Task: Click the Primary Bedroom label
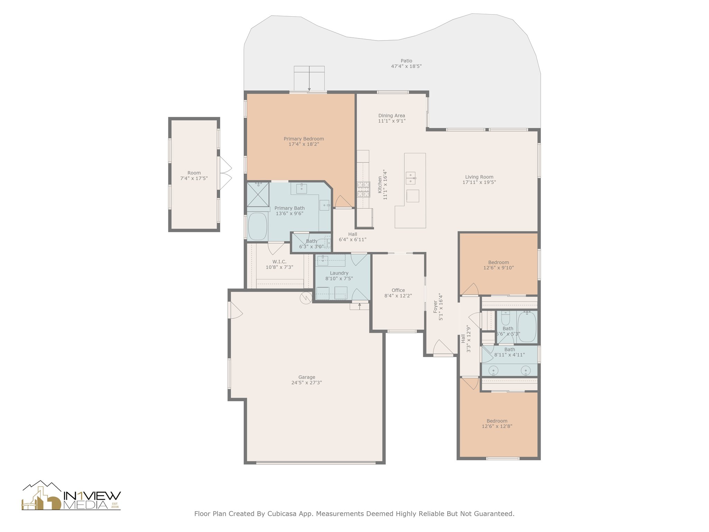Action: pyautogui.click(x=304, y=139)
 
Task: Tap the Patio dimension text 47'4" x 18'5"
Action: pyautogui.click(x=406, y=66)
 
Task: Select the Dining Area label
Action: pyautogui.click(x=392, y=116)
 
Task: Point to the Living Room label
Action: pyautogui.click(x=479, y=177)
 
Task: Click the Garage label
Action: pyautogui.click(x=307, y=377)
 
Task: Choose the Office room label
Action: pyautogui.click(x=398, y=290)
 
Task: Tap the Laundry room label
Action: pyautogui.click(x=339, y=273)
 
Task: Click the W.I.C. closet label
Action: pyautogui.click(x=279, y=262)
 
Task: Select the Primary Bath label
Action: pyautogui.click(x=289, y=208)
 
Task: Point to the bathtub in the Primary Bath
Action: pyautogui.click(x=258, y=226)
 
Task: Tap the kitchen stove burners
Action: pyautogui.click(x=364, y=189)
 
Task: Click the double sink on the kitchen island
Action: pyautogui.click(x=411, y=178)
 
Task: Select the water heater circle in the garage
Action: pyautogui.click(x=306, y=298)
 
